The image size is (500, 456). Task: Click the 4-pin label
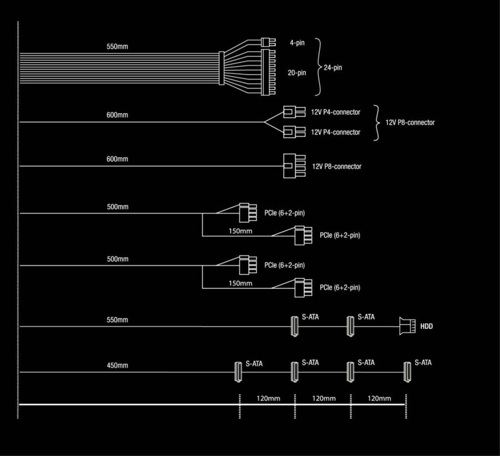point(297,43)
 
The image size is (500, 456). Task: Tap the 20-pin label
point(296,73)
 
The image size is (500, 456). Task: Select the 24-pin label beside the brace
point(333,67)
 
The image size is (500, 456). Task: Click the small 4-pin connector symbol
point(268,42)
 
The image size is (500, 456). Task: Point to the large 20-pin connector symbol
point(268,72)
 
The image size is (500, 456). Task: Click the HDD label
point(426,326)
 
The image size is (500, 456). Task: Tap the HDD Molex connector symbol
point(407,326)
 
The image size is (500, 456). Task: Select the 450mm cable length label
point(117,366)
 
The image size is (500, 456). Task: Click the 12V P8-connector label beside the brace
point(410,123)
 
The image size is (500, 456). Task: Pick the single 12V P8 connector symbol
point(294,166)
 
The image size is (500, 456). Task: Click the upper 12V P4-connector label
point(335,112)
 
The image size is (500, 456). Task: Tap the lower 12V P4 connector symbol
point(294,132)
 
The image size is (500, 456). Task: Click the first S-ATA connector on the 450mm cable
point(238,372)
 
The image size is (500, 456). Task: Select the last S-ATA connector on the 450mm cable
point(407,372)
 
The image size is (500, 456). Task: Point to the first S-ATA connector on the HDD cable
point(294,326)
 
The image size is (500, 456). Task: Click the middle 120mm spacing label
point(324,398)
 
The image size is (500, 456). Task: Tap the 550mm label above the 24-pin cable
point(117,46)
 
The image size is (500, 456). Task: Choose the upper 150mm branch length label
point(240,231)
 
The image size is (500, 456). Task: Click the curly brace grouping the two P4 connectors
point(376,123)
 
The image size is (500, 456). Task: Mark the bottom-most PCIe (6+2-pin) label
point(340,288)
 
